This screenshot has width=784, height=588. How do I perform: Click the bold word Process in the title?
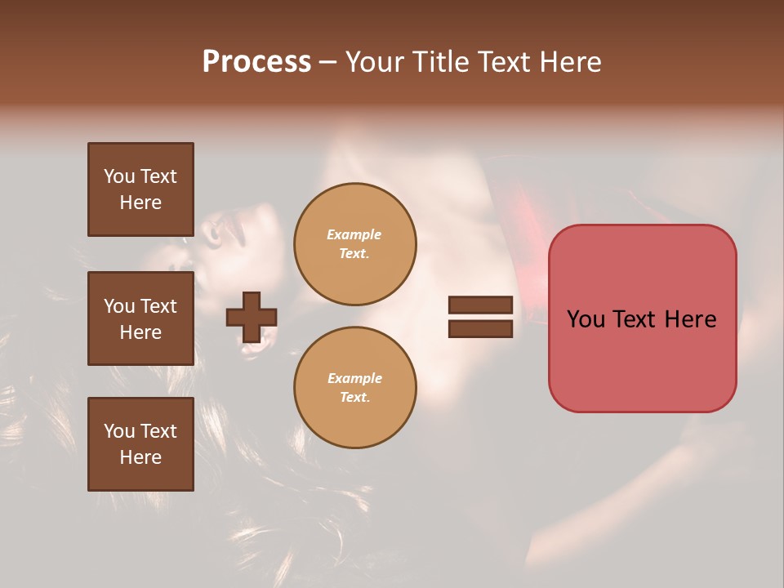click(x=256, y=62)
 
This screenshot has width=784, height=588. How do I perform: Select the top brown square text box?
click(x=140, y=189)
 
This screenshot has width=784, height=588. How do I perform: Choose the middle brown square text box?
click(x=140, y=318)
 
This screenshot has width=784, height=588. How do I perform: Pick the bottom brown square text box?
click(x=140, y=444)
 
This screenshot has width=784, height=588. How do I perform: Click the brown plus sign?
click(x=252, y=317)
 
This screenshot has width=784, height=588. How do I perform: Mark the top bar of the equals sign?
click(x=480, y=305)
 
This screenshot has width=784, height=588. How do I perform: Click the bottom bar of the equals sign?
click(x=480, y=328)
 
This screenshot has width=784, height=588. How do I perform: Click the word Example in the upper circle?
click(x=354, y=234)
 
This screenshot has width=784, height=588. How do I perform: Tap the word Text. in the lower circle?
click(x=354, y=397)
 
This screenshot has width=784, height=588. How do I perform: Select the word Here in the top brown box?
click(x=140, y=203)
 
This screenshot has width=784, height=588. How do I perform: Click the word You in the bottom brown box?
click(x=119, y=431)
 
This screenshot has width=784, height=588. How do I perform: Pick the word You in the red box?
click(x=586, y=319)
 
